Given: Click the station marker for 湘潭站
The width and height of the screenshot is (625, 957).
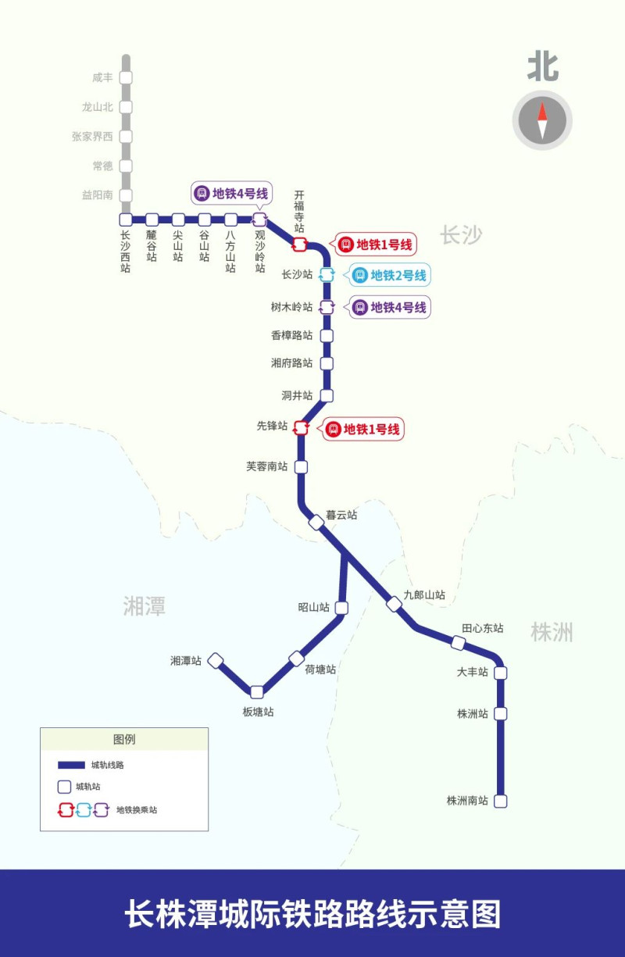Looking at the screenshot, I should pos(216,661).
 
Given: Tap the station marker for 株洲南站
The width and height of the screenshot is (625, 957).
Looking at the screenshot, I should pos(501,801).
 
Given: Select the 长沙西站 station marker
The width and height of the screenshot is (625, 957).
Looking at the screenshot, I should pos(126,220).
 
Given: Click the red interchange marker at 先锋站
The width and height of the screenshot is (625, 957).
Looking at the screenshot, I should pos(301,427).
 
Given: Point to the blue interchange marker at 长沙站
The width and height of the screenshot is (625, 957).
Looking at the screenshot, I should pos(327,274).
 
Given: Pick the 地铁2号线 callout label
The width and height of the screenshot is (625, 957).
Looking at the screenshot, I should pos(390,275).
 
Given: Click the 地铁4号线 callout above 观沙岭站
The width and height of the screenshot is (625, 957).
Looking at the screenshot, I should pos(232,193).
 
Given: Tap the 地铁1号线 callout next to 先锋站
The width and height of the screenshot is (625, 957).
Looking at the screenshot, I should pos(363,429).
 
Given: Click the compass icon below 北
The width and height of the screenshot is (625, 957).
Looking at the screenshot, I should pos(542,120).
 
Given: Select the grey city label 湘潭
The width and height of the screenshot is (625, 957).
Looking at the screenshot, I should pos(145,605).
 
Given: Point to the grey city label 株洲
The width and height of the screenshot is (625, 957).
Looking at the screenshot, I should pos(552,631).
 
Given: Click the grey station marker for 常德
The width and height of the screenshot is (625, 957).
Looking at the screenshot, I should pos(126,166).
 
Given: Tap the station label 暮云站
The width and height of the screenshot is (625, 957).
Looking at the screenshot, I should pos(341,515).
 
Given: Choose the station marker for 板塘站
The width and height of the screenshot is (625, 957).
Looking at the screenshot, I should pos(257,691).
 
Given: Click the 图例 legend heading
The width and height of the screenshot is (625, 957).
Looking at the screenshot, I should pos(124,739).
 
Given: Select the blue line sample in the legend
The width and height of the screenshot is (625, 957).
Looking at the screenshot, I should pos(71,765).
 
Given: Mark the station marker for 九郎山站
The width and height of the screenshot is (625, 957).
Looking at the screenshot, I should pos(395,604).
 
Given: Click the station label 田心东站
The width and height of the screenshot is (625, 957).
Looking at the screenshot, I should pos(482,628).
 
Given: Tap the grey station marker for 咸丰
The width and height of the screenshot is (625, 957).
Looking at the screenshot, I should pos(126,77).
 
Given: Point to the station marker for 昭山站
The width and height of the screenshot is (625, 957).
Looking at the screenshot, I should pos(341,608).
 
